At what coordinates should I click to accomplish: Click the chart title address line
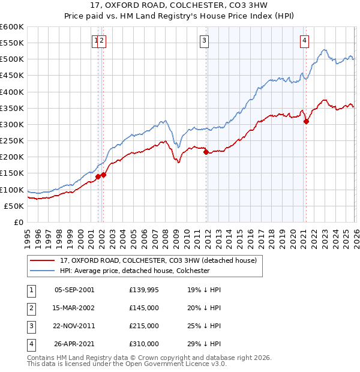pyautogui.click(x=180, y=5)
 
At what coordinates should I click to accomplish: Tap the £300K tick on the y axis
pyautogui.click(x=12, y=125)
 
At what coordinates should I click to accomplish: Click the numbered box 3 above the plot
pyautogui.click(x=204, y=41)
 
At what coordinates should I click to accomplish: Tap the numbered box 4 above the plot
pyautogui.click(x=305, y=41)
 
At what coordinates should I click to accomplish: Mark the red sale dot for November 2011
pyautogui.click(x=206, y=152)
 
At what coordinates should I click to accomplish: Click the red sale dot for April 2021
pyautogui.click(x=306, y=121)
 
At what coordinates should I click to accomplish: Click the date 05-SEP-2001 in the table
pyautogui.click(x=74, y=290)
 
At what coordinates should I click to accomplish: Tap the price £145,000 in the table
pyautogui.click(x=144, y=308)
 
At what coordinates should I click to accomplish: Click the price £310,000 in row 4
pyautogui.click(x=144, y=344)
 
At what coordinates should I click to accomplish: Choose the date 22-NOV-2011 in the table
pyautogui.click(x=74, y=326)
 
